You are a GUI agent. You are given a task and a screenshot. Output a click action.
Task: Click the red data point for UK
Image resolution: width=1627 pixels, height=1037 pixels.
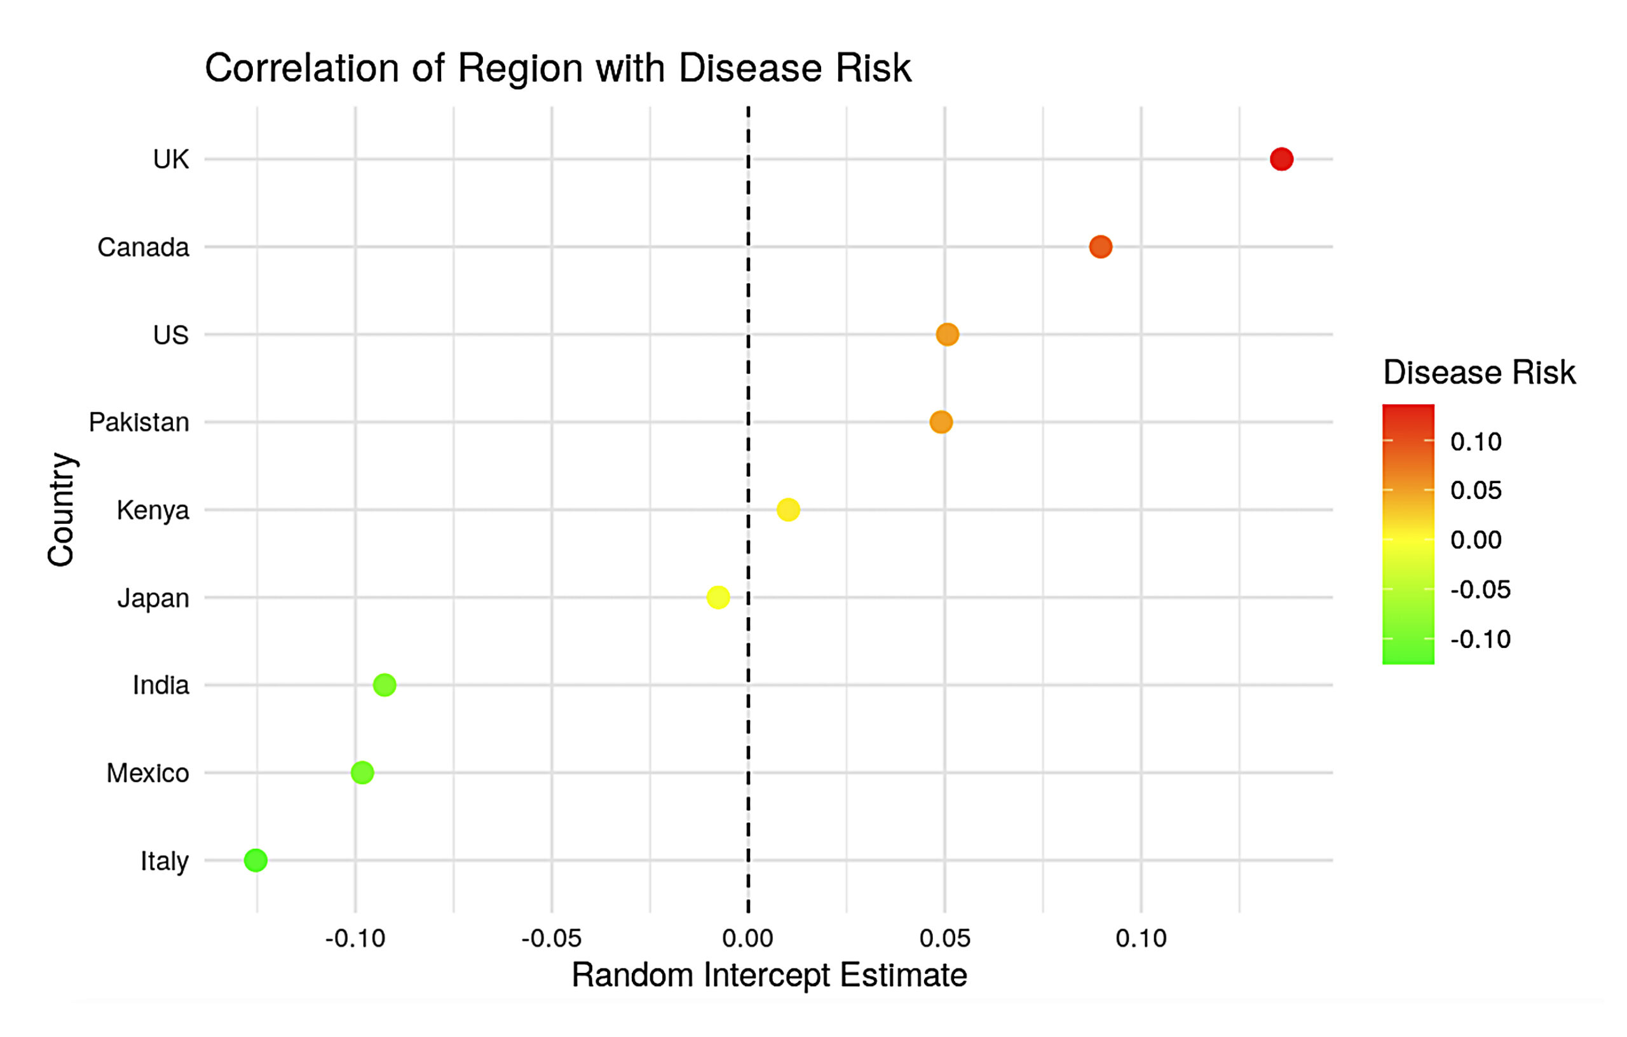tap(1281, 159)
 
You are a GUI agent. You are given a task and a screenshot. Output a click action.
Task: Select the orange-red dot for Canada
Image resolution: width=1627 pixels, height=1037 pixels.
tap(1100, 247)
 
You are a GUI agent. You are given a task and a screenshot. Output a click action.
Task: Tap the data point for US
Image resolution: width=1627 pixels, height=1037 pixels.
tap(946, 334)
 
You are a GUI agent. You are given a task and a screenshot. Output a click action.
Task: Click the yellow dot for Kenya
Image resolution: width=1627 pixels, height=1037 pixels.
tap(788, 510)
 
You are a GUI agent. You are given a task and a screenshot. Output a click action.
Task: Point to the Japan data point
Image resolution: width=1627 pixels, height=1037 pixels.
tap(718, 597)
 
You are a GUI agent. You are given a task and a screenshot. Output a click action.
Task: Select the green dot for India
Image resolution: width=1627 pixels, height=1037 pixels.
tap(385, 685)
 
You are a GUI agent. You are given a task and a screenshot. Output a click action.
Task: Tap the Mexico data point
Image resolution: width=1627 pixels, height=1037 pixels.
tap(362, 772)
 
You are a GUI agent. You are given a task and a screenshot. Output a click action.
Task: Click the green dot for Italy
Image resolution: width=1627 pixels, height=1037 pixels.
tap(255, 860)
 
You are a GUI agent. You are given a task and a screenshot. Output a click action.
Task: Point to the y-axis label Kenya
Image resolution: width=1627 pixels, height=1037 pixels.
tap(153, 511)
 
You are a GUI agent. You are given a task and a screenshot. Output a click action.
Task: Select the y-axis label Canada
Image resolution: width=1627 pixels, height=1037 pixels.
tap(143, 247)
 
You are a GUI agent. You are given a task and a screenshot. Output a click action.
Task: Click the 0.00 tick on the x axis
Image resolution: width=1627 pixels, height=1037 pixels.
tap(747, 938)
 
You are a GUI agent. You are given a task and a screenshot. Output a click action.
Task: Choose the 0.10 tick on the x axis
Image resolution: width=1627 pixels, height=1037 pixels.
tap(1141, 938)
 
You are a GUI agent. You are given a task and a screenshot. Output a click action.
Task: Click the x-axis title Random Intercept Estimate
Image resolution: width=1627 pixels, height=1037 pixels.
tap(769, 975)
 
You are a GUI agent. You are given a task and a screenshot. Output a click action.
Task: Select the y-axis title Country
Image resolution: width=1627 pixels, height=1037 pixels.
tap(61, 509)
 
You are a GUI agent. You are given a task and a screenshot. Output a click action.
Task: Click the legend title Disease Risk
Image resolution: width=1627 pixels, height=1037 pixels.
tap(1479, 372)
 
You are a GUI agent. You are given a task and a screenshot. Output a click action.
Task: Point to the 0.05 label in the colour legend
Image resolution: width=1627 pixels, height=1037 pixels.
tap(1476, 490)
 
